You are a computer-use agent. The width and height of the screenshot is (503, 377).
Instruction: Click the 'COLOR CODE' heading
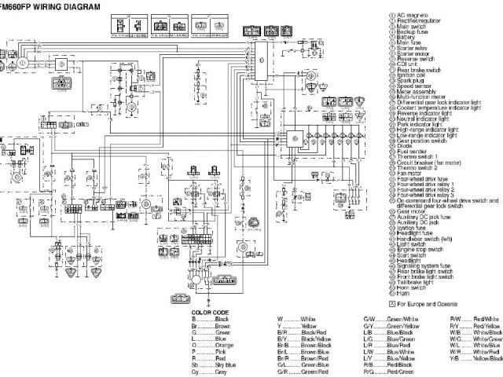(209, 313)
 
